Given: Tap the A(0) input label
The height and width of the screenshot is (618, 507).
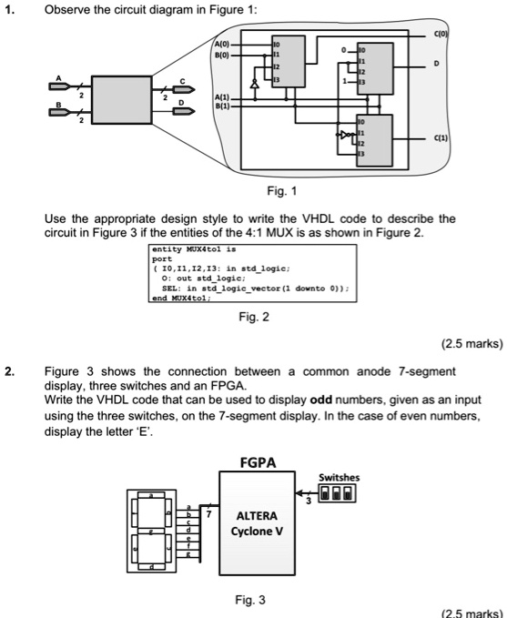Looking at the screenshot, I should click(224, 44).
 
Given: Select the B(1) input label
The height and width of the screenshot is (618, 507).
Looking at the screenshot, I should click(224, 106).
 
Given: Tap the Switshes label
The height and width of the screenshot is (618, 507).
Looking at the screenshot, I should click(339, 477).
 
